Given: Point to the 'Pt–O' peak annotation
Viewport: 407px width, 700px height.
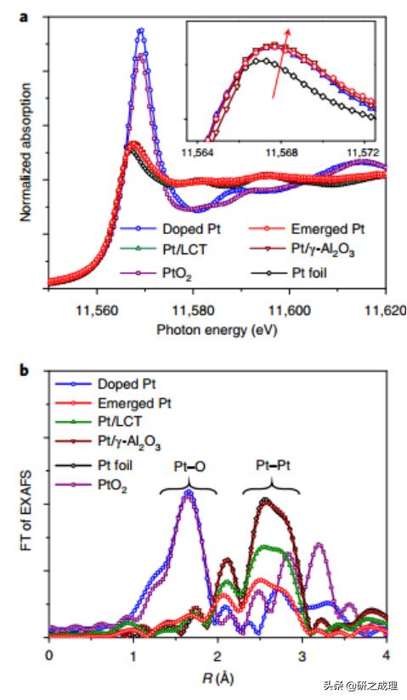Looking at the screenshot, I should click(x=188, y=467).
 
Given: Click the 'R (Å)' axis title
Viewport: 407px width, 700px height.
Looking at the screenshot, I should click(x=217, y=678).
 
